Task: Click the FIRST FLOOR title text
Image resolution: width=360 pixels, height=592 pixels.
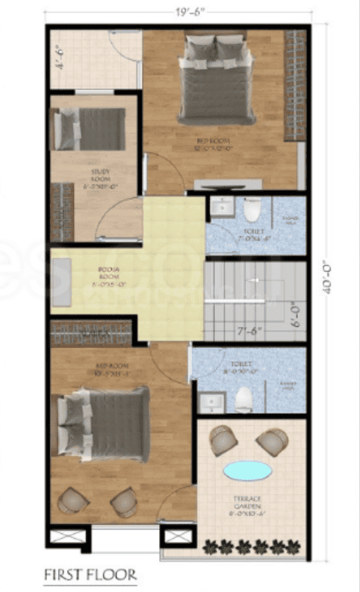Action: (90, 574)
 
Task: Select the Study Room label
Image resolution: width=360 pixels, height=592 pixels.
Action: (100, 178)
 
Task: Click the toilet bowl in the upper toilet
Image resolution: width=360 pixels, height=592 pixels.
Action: (252, 210)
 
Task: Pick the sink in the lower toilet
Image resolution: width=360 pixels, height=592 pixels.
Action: (209, 402)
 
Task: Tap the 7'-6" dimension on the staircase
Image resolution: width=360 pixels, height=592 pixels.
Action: (249, 332)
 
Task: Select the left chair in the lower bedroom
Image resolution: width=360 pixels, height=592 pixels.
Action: (72, 500)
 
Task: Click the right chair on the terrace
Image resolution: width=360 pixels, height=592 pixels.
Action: (271, 441)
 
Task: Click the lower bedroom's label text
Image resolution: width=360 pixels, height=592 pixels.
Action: (105, 369)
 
